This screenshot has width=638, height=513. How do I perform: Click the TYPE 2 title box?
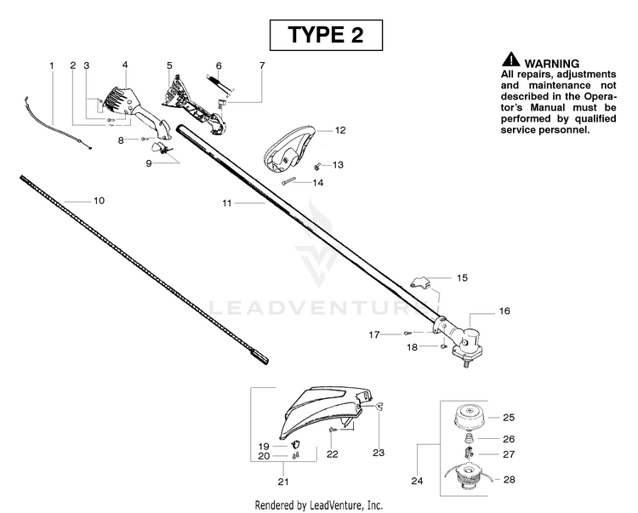326,35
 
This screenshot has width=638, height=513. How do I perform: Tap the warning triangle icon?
510,60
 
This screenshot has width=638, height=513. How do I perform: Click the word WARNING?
552,64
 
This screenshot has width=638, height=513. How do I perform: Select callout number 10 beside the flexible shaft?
99,201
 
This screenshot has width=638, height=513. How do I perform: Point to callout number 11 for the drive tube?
226,202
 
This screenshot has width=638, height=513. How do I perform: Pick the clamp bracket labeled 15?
421,282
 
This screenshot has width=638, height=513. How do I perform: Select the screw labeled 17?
407,333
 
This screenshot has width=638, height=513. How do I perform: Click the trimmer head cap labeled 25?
470,417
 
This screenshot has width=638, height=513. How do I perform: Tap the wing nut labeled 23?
379,407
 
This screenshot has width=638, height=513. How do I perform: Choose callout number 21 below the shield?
283,482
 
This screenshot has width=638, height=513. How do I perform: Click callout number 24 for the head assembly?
417,481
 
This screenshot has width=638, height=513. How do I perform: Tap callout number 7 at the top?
262,66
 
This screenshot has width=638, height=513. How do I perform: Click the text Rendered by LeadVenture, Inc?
319,505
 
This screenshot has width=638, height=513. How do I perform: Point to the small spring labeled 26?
470,438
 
